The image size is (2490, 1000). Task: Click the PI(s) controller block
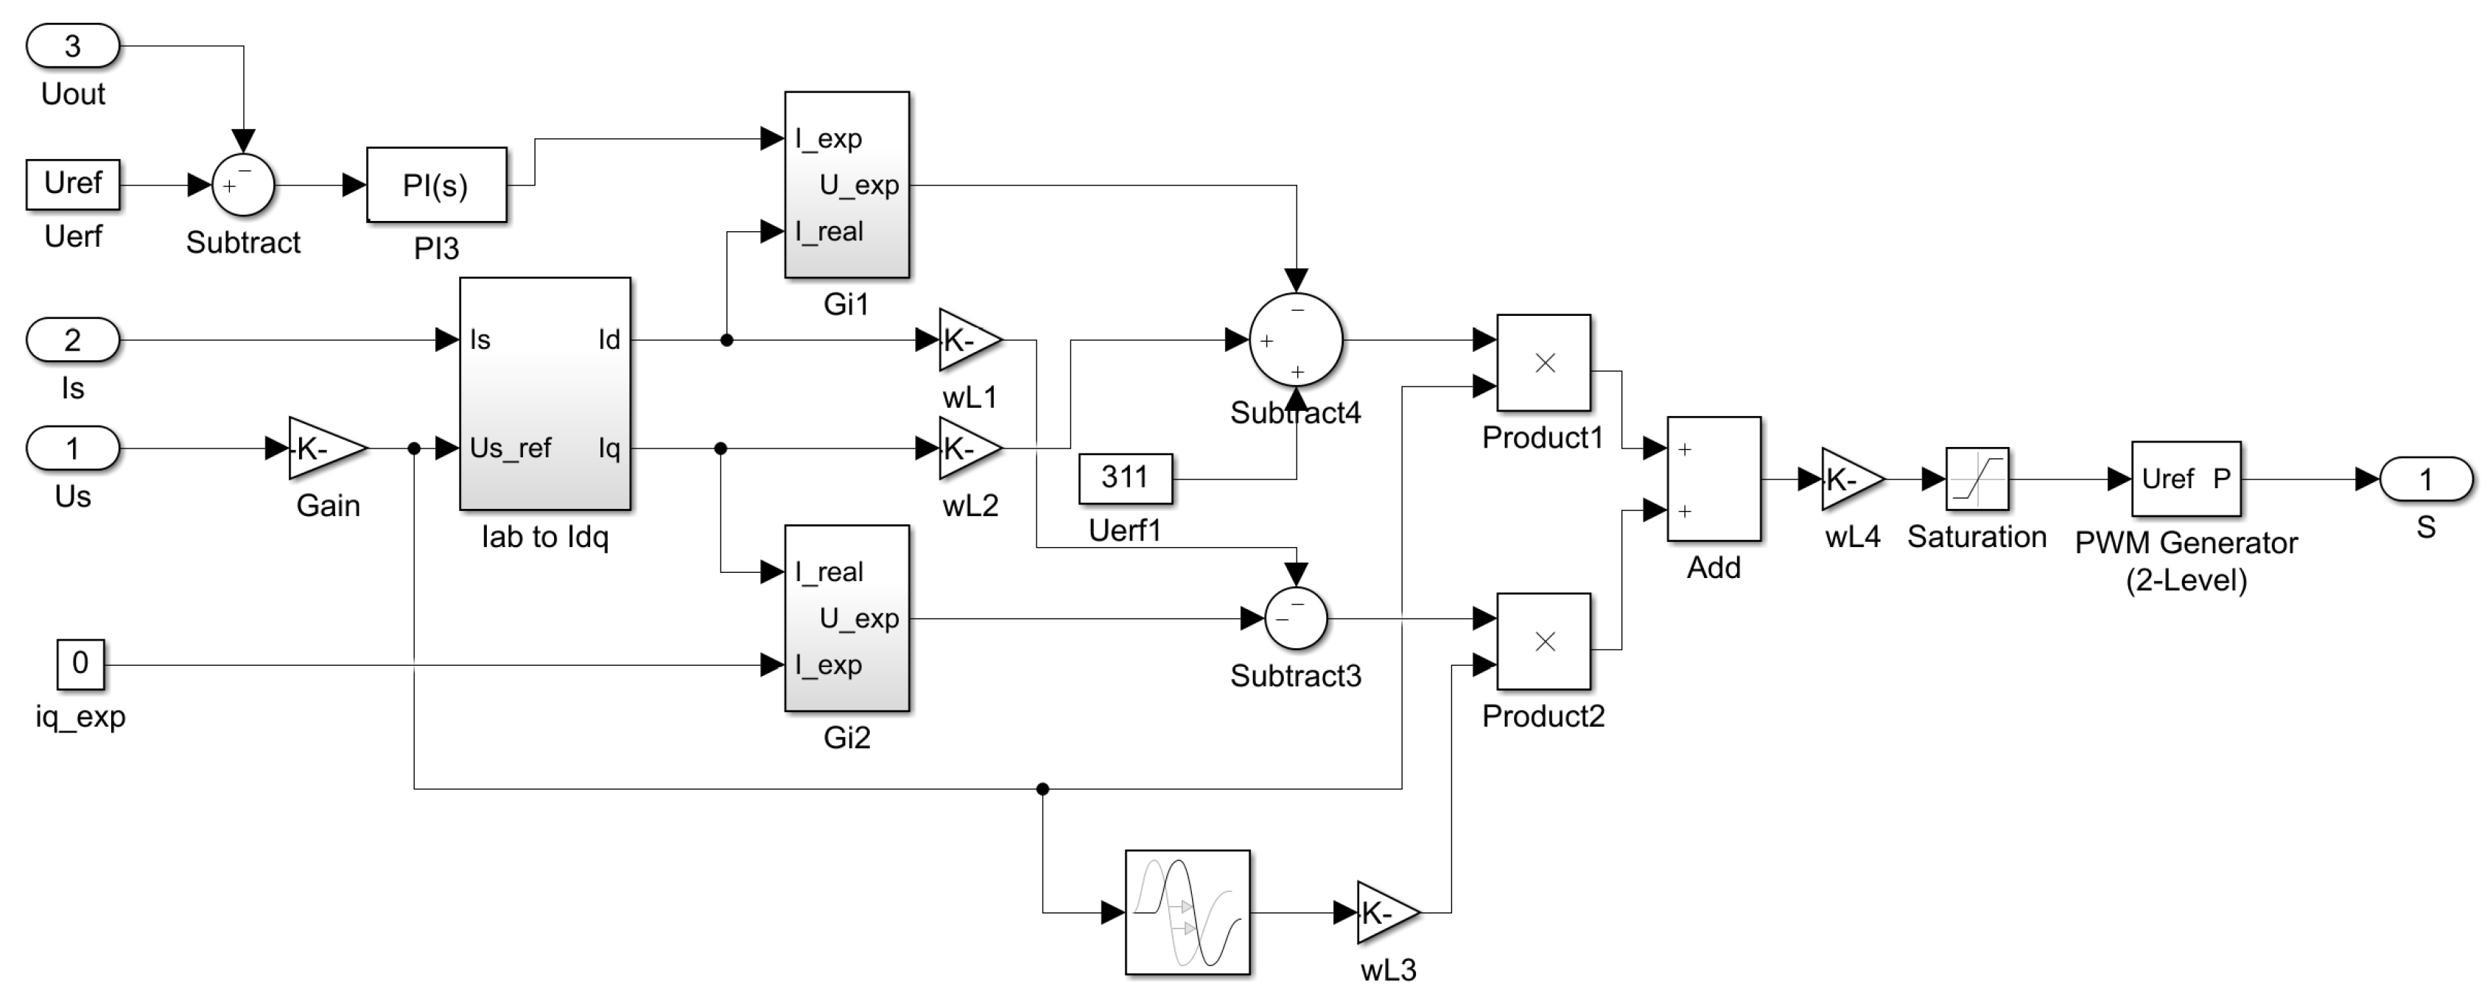[x=436, y=185]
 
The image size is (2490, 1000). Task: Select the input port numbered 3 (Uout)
[x=72, y=46]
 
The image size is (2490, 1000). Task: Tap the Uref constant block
[x=72, y=183]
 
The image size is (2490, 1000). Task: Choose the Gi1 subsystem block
[x=846, y=185]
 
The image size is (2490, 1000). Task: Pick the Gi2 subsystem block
[x=846, y=619]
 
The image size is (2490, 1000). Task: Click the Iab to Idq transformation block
[x=545, y=394]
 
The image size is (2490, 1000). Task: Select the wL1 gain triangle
[x=967, y=340]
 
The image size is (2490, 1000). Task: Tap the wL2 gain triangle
[x=967, y=448]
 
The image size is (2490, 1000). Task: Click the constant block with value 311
[x=1125, y=478]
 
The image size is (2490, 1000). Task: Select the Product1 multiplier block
[x=1543, y=363]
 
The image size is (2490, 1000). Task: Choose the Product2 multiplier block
[x=1543, y=641]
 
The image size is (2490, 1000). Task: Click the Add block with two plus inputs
[x=1714, y=479]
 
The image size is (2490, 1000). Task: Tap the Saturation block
[x=1977, y=479]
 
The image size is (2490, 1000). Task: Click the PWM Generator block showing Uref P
[x=2186, y=479]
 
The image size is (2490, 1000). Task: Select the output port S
[x=2425, y=479]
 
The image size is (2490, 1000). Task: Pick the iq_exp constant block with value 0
[x=80, y=663]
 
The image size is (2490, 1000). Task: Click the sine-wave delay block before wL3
[x=1187, y=912]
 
